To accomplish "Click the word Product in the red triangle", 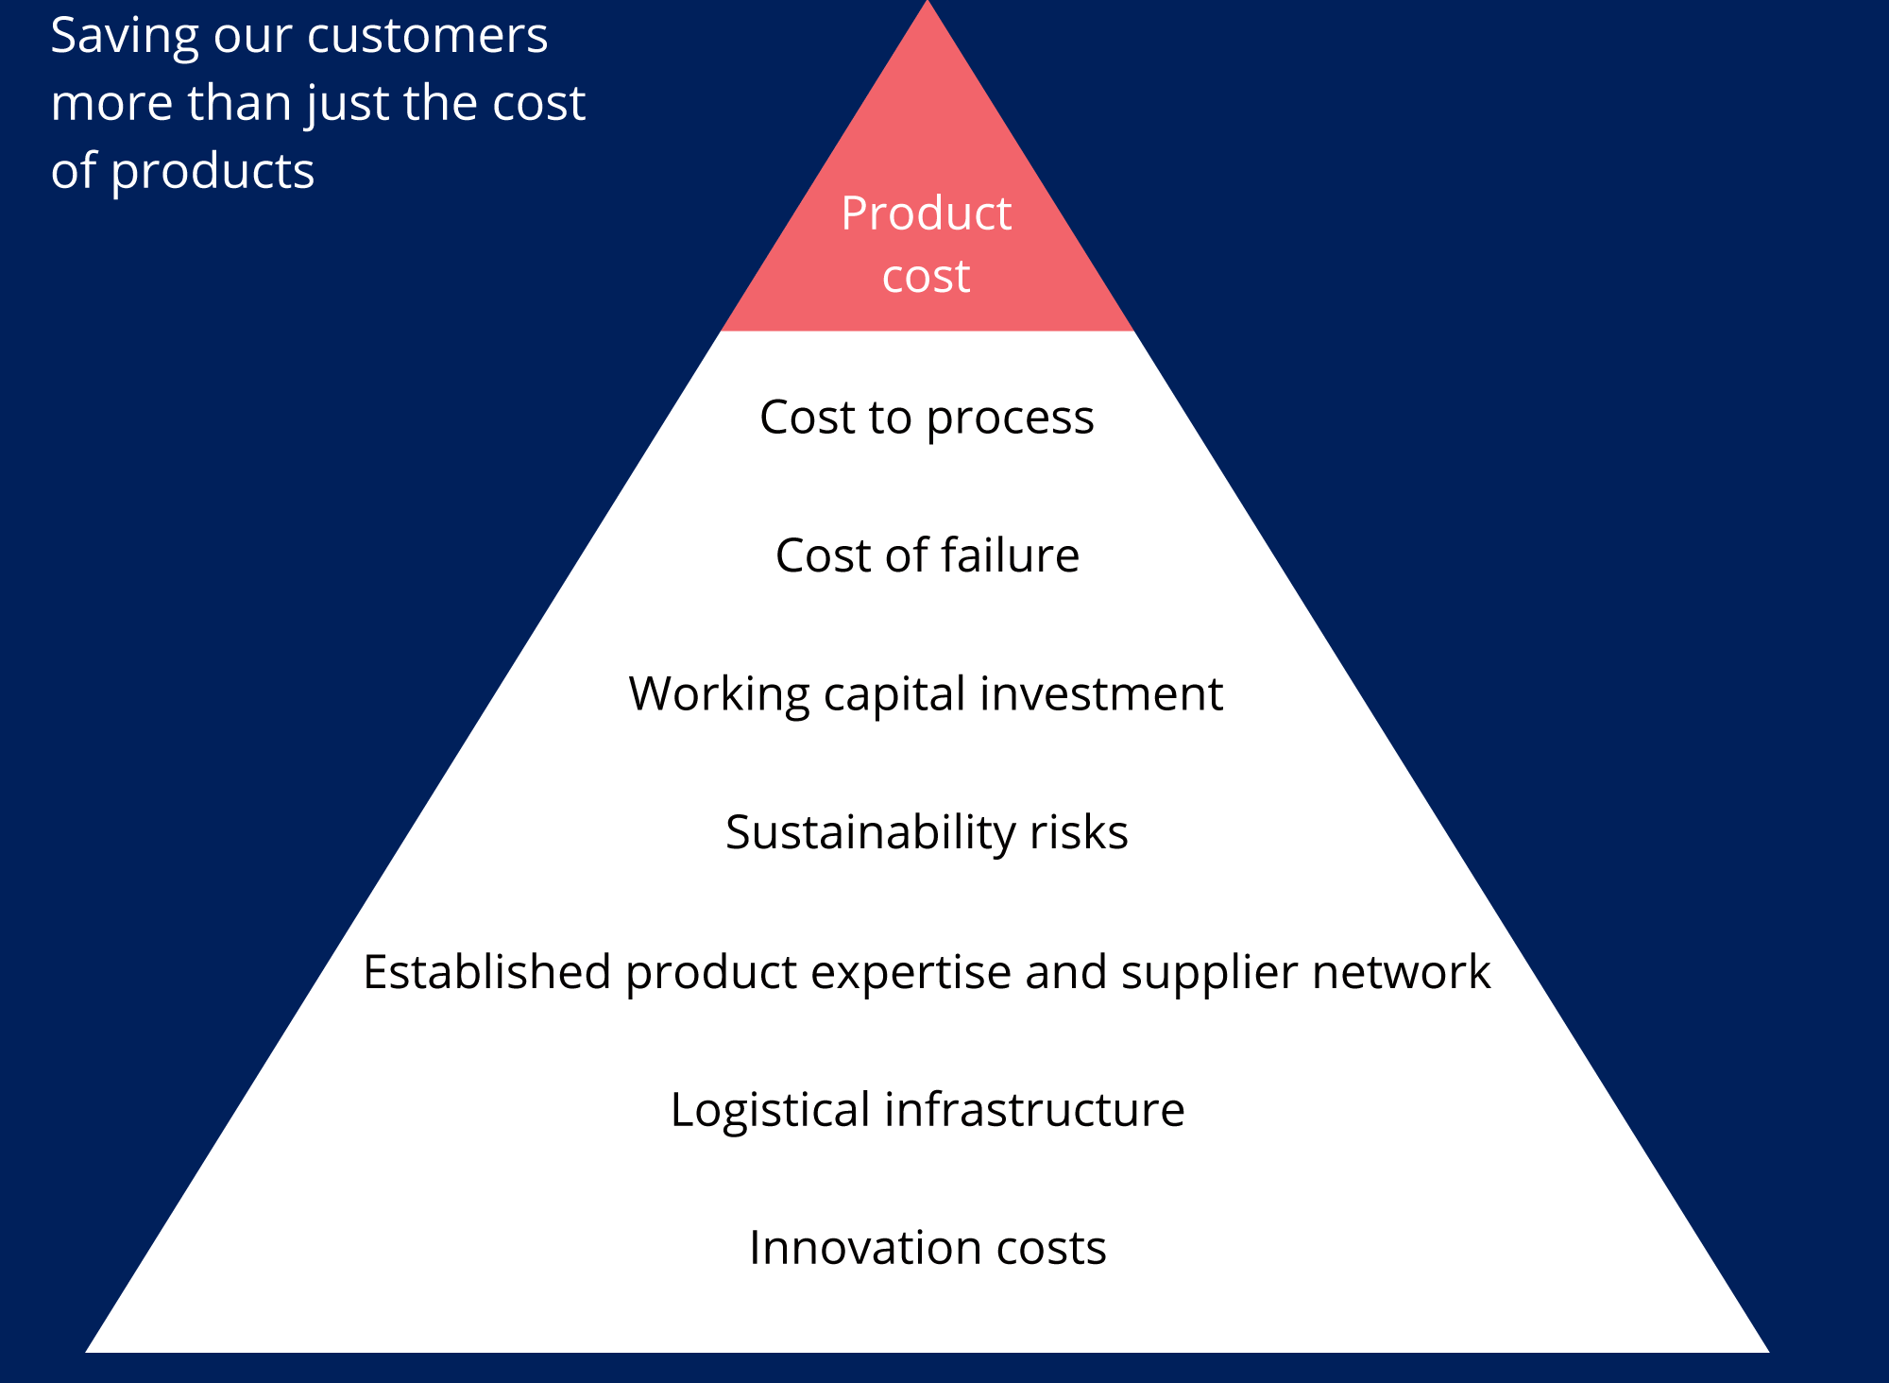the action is coord(926,213).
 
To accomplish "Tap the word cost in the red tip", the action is coord(926,276).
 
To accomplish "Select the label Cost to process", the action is coord(927,418).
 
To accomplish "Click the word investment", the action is coord(1101,693).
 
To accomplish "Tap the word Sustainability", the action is coord(871,833).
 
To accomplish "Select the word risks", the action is coord(1079,832).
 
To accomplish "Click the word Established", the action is coord(487,971).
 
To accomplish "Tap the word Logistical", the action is coord(771,1110).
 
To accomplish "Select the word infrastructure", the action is coord(1034,1109).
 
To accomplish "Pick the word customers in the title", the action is coord(428,36).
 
